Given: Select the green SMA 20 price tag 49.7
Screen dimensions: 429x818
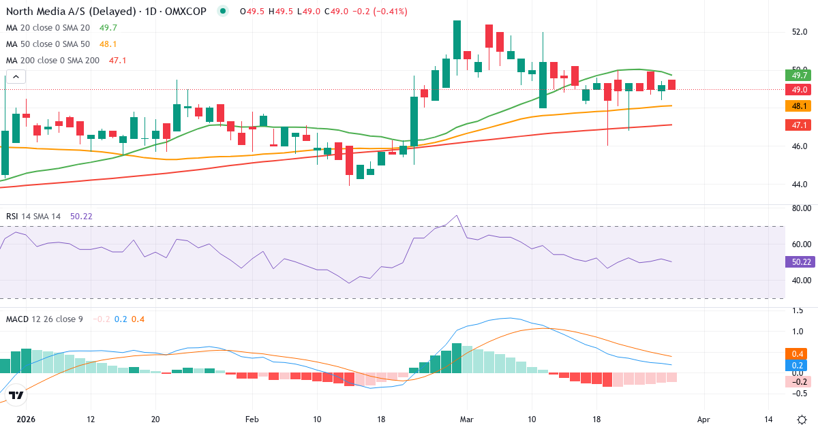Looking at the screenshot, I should pyautogui.click(x=796, y=76).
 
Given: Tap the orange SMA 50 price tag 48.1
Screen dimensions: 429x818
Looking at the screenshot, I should pyautogui.click(x=796, y=106).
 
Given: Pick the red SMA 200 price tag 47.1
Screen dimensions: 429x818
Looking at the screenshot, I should pyautogui.click(x=796, y=125).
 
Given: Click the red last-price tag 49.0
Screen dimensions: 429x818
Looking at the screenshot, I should pyautogui.click(x=796, y=90).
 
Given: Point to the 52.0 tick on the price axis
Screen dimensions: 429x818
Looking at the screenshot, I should pyautogui.click(x=800, y=31).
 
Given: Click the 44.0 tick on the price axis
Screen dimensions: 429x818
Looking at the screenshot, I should pyautogui.click(x=800, y=184).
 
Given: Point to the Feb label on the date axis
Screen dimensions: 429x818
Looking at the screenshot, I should pyautogui.click(x=252, y=419).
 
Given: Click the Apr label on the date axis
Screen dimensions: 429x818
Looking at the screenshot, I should pyautogui.click(x=703, y=419).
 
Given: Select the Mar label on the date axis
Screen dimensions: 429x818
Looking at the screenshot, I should pyautogui.click(x=466, y=419).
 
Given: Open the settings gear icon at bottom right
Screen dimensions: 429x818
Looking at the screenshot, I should pyautogui.click(x=802, y=419).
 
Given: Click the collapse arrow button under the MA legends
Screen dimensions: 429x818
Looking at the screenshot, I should pyautogui.click(x=15, y=76).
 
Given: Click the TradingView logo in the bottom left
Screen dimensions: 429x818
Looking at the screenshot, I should pyautogui.click(x=16, y=395).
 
